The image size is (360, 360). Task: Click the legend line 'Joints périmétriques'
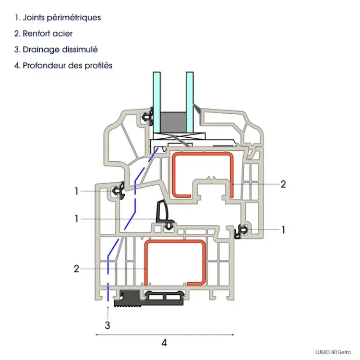tap(57, 17)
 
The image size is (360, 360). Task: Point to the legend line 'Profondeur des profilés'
tap(64, 66)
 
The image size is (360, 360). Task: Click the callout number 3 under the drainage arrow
tap(107, 326)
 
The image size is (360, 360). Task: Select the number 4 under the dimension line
tap(164, 343)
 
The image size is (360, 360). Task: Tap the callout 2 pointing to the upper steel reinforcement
tap(283, 184)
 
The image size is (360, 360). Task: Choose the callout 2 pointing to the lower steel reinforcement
tap(76, 269)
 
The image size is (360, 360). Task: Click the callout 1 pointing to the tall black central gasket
tap(76, 219)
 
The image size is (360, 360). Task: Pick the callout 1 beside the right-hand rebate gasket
tap(283, 229)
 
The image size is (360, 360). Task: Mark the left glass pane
tap(156, 102)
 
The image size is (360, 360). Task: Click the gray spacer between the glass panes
tap(172, 121)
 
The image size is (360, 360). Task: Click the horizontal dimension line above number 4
tap(164, 333)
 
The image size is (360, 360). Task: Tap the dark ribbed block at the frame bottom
tap(127, 299)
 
